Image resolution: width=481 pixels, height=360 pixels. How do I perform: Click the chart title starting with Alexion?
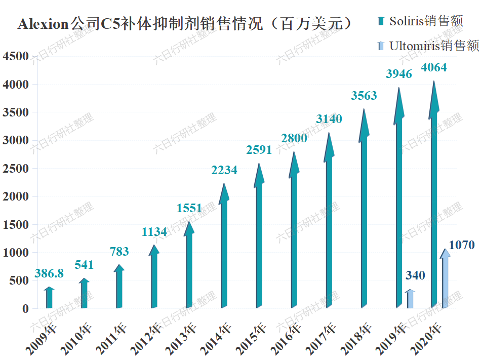point(185,24)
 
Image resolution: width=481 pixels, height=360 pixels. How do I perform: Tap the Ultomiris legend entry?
point(428,46)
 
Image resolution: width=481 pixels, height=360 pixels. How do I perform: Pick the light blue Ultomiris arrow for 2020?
point(445,281)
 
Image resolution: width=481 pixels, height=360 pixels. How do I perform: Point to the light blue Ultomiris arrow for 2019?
point(410,300)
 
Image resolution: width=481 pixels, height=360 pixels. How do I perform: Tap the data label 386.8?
point(49,274)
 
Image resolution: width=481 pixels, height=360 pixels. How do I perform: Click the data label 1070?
point(461,246)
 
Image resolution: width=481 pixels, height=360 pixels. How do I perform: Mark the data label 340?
point(415,276)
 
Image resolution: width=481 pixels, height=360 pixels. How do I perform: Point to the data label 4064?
point(433,67)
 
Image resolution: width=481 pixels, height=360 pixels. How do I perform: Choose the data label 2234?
point(224,171)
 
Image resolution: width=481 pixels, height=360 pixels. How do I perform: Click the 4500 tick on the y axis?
point(16,57)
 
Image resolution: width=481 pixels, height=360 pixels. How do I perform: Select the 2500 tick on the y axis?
point(16,169)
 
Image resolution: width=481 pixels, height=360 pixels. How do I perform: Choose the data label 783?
point(119,252)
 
